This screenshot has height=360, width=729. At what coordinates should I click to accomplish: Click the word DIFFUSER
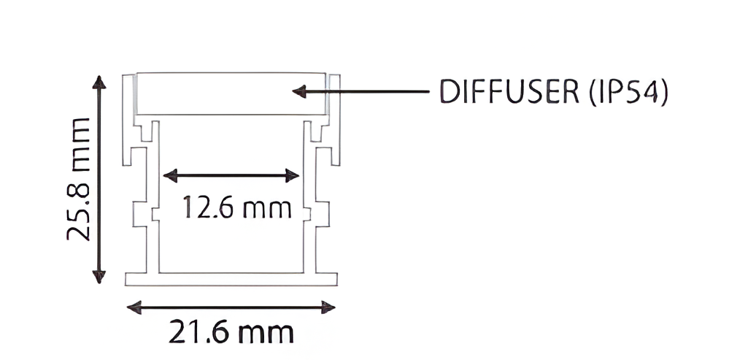(x=509, y=92)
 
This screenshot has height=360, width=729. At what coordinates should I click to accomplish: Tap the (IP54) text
(x=628, y=92)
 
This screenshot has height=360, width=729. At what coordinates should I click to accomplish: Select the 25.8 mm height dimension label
(x=78, y=179)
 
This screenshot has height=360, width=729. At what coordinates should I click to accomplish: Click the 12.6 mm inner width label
(x=237, y=207)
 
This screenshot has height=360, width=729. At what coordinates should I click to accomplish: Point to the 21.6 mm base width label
(x=231, y=332)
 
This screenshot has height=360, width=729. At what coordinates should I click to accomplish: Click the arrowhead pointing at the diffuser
(x=299, y=91)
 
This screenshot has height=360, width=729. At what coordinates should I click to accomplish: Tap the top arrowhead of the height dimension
(x=99, y=82)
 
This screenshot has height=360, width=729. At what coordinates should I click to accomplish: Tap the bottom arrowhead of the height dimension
(x=99, y=276)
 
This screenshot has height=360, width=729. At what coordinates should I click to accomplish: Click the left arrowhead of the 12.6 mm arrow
(x=170, y=176)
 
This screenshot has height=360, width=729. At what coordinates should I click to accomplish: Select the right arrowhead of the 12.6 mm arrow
(x=292, y=176)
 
